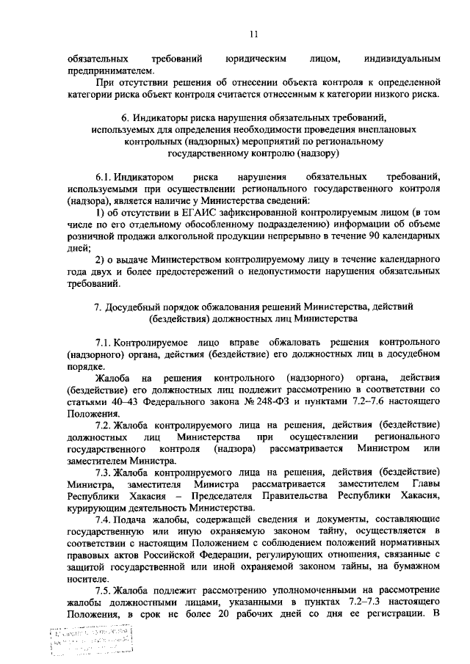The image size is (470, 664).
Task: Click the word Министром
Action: [x=383, y=448]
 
